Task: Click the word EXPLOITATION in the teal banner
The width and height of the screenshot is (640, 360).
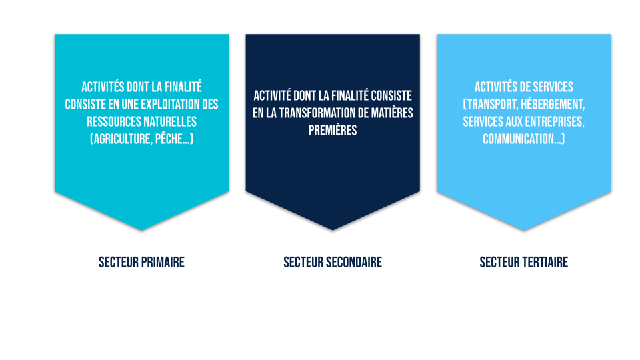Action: coord(171,105)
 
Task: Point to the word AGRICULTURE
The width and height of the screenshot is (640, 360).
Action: coord(123,139)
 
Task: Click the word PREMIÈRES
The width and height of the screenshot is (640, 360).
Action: coord(333,131)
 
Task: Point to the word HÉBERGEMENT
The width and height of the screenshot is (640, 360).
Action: coord(553,105)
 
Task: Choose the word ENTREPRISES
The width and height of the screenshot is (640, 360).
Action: coord(554,121)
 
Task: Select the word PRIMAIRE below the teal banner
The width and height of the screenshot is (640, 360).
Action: coord(163,262)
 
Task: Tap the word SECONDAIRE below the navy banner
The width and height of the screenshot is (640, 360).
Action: coord(354,262)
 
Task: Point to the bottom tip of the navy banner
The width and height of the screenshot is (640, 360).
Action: coord(333,230)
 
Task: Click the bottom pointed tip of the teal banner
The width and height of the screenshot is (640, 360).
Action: coord(141,230)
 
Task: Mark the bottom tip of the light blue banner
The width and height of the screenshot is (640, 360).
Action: coord(524,230)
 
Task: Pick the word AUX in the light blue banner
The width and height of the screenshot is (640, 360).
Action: coord(514,121)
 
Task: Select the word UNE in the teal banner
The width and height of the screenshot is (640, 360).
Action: coord(130,105)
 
